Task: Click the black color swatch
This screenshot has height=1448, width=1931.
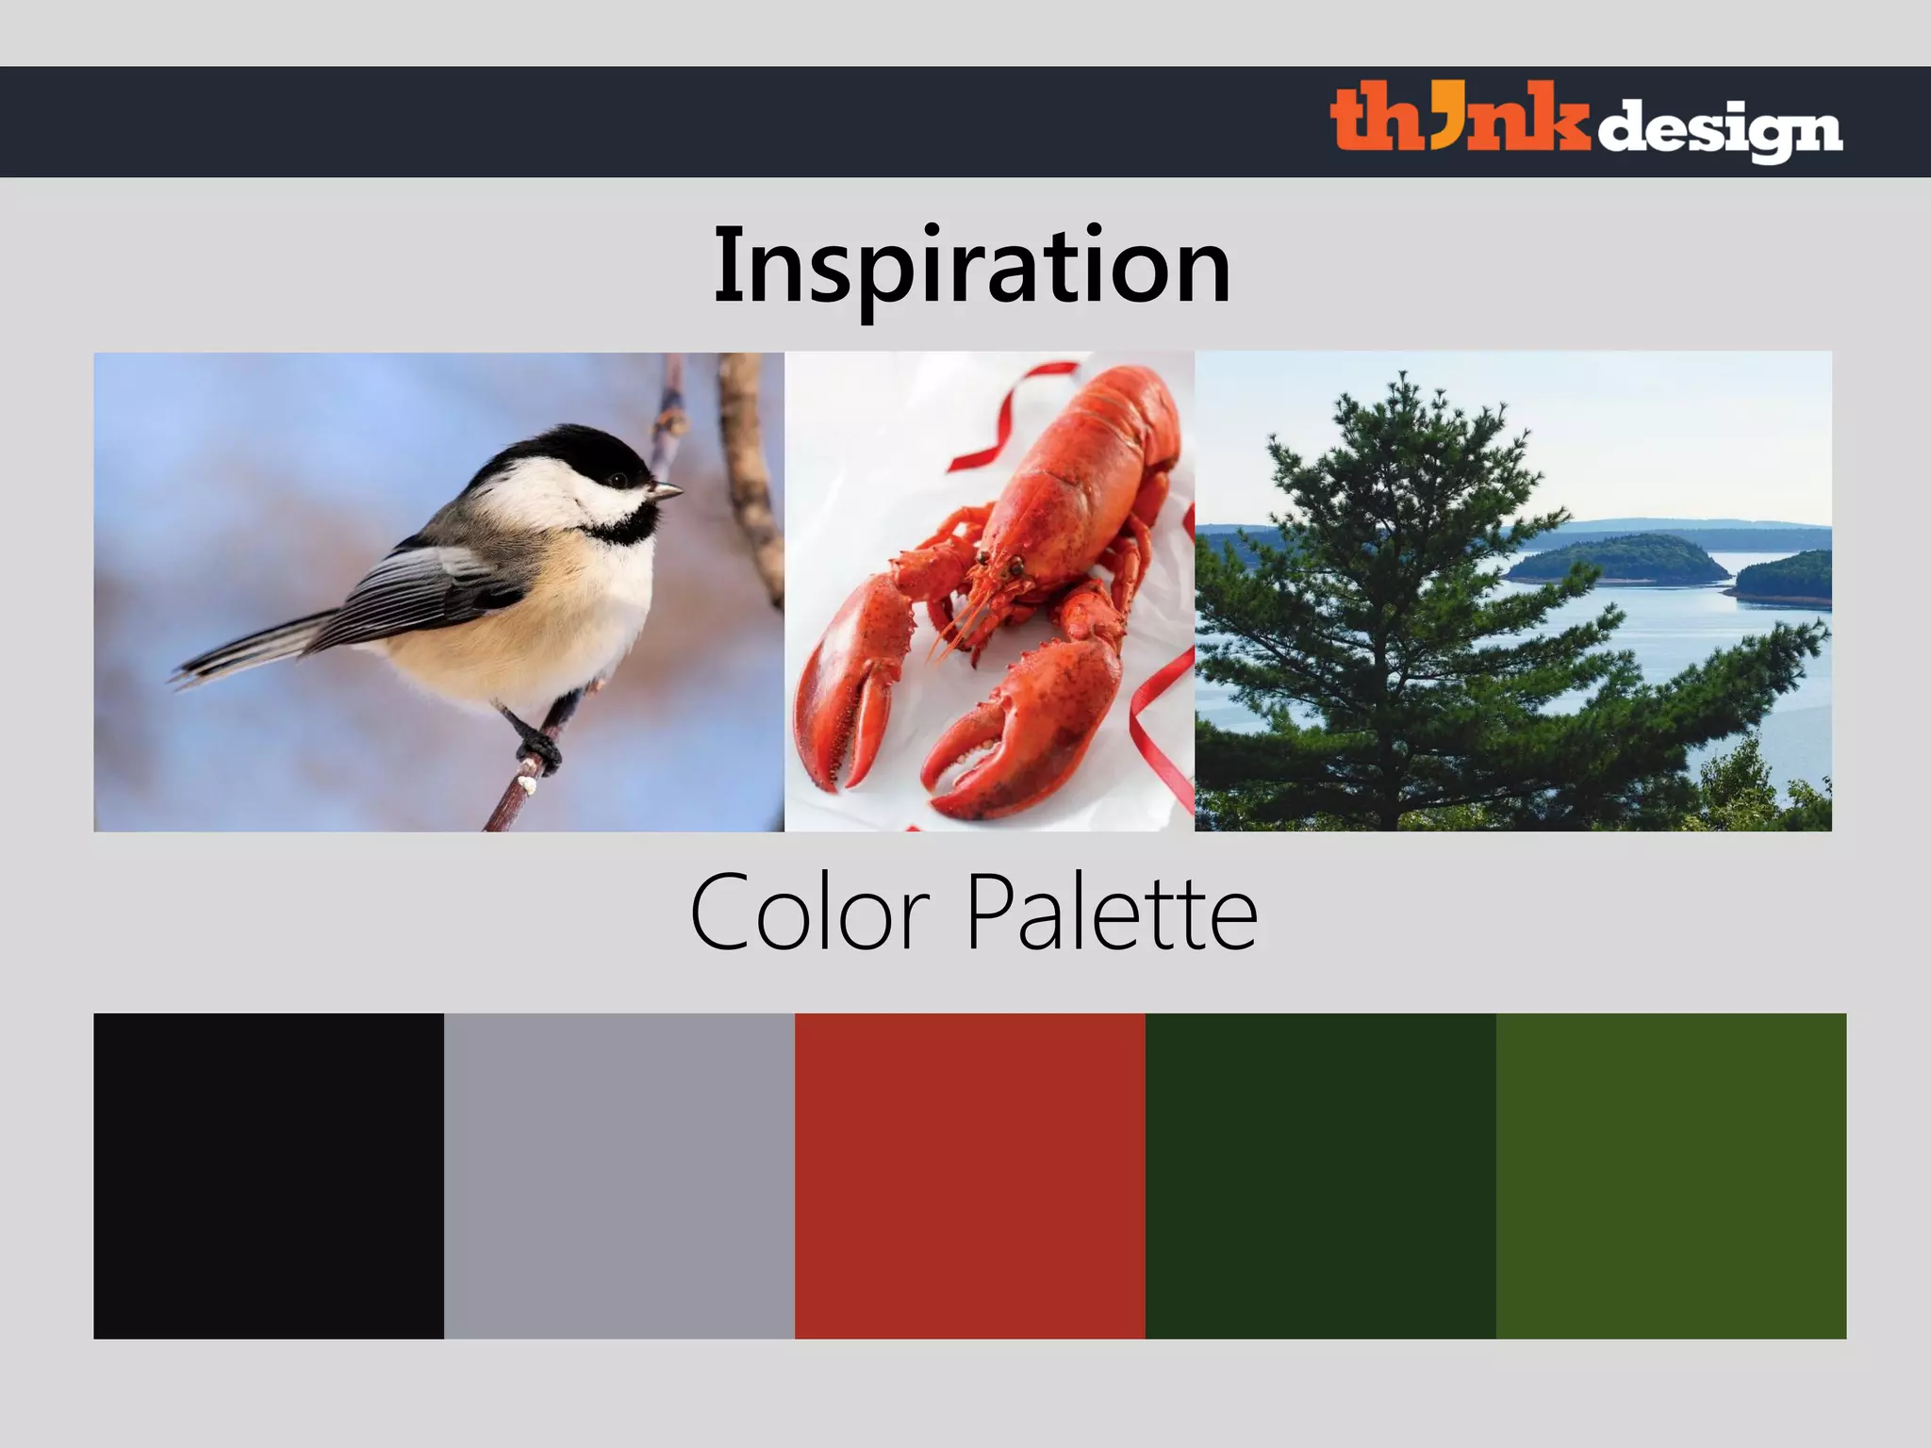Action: point(269,1176)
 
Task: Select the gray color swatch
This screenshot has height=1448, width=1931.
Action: point(619,1176)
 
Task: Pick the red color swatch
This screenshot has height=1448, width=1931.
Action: point(970,1176)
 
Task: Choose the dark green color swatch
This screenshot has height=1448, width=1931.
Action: point(1320,1176)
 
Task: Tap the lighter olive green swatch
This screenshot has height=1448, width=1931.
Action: point(1671,1176)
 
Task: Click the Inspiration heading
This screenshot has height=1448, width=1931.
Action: point(972,266)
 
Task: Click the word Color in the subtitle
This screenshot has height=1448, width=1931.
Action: point(811,913)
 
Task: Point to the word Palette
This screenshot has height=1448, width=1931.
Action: point(1113,913)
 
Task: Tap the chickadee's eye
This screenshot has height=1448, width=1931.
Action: point(619,480)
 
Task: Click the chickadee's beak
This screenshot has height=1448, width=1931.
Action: point(666,491)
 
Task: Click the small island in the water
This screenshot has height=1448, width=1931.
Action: point(1618,559)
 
